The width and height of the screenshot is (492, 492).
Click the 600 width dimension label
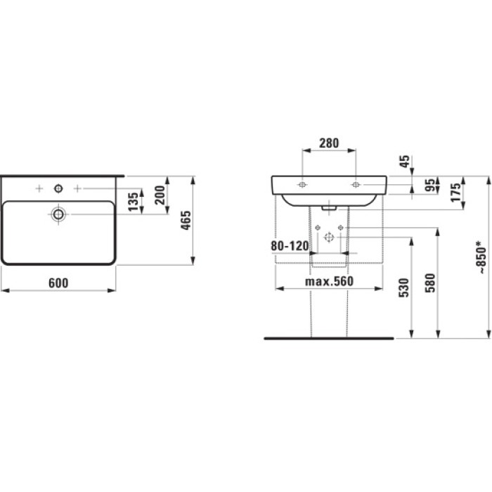[x=58, y=283]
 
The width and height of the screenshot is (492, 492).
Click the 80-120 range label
[x=290, y=247]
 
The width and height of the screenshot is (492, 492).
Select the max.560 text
[x=328, y=282]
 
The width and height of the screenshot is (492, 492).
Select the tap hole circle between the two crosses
[x=58, y=188]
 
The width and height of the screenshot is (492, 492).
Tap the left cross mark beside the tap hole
[x=39, y=188]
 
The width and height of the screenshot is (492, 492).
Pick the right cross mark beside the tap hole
[x=77, y=188]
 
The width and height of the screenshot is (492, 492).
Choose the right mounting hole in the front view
[x=356, y=185]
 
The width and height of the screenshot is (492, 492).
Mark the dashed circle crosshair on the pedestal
[x=328, y=236]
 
